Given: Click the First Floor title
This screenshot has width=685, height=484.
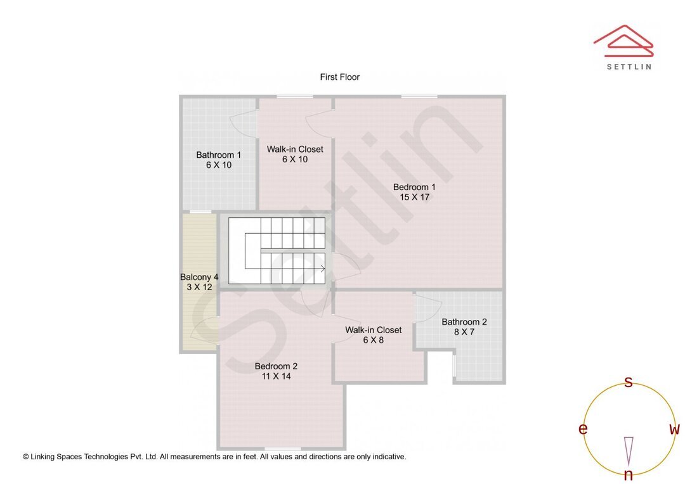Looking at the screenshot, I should click(339, 77).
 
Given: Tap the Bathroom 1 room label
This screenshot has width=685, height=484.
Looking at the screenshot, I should click(219, 155).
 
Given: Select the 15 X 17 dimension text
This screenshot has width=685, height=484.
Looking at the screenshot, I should click(414, 197).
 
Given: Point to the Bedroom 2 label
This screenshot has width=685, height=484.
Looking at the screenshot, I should click(276, 366).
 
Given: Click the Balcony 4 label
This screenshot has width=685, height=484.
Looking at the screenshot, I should click(199, 277).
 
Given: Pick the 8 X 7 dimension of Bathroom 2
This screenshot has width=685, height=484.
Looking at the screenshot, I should click(464, 332).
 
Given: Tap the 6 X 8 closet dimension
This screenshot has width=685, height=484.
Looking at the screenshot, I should click(373, 340).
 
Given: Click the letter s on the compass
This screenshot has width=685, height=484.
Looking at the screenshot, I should click(629, 382).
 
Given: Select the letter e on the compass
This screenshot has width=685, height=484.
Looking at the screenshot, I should click(582, 430).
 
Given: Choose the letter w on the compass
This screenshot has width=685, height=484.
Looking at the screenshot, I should click(674, 430).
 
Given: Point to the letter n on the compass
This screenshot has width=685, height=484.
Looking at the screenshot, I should click(629, 475).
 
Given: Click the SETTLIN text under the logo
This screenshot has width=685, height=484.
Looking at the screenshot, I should click(629, 67).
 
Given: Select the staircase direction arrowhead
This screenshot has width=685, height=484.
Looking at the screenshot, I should click(323, 269).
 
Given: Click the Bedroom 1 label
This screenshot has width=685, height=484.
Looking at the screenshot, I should click(414, 187).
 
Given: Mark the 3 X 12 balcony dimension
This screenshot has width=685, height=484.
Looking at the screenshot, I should click(199, 288).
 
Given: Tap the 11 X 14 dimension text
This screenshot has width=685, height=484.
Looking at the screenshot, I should click(276, 376).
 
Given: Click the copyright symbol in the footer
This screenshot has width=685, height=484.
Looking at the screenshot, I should click(26, 457).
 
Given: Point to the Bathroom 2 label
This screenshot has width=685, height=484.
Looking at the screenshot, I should click(464, 322).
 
